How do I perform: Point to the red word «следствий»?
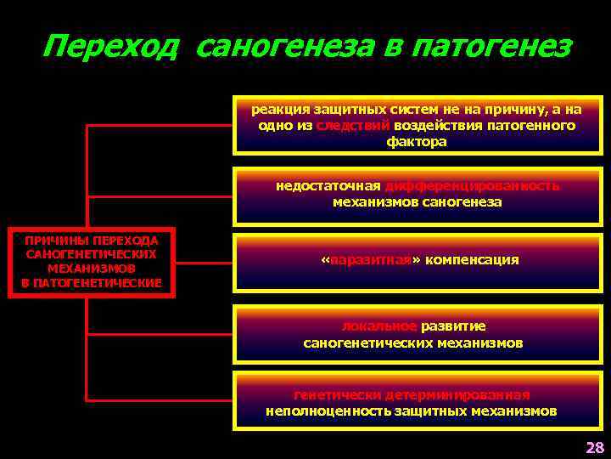[x=353, y=126]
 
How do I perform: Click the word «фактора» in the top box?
[x=417, y=142]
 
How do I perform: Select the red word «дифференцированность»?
[x=472, y=186]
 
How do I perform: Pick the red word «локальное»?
[x=378, y=326]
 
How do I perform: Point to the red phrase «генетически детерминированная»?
[x=412, y=395]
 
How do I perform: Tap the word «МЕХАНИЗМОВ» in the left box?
[x=92, y=268]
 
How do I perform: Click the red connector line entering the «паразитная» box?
[x=204, y=261]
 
